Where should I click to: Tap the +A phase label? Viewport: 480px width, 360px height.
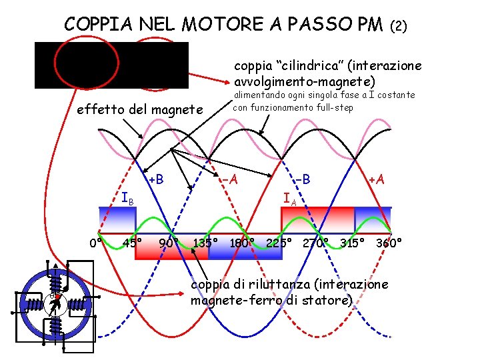(377, 179)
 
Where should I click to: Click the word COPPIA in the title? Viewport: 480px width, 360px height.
(96, 25)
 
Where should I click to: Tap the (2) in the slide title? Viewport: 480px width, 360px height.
(398, 27)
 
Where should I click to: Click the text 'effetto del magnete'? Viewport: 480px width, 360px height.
(139, 109)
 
